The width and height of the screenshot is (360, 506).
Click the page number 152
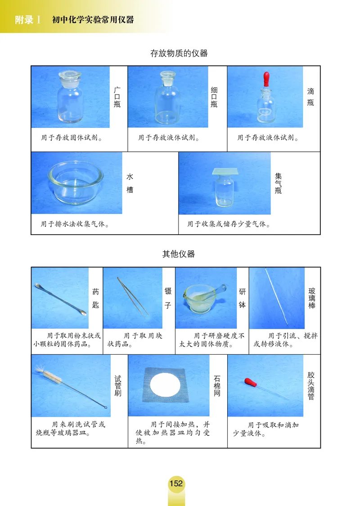click(x=176, y=483)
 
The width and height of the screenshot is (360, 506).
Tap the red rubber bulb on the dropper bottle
click(x=264, y=77)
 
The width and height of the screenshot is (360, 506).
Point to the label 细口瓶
click(x=214, y=97)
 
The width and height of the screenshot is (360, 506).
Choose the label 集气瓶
click(x=279, y=184)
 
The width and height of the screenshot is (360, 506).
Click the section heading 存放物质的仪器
click(x=179, y=53)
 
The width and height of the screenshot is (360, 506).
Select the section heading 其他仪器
click(x=179, y=254)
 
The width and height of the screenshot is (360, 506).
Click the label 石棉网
click(x=217, y=387)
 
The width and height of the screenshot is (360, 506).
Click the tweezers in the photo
click(x=132, y=295)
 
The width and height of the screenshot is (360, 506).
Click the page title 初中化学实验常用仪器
click(x=93, y=20)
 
